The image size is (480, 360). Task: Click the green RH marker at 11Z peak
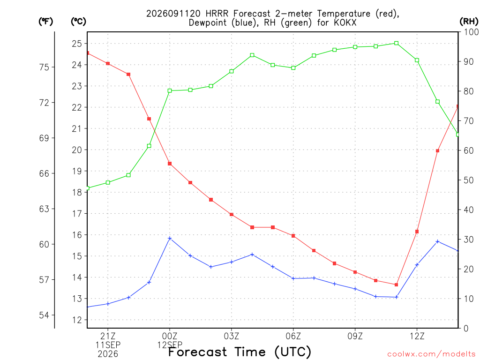[x=396, y=43]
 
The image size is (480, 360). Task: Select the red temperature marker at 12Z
[x=417, y=232]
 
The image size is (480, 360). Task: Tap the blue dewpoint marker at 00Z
[x=170, y=238]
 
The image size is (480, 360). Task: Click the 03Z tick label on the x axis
[x=232, y=336]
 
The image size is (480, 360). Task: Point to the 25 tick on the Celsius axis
[x=77, y=44]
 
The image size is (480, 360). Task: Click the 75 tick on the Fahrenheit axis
[x=44, y=67]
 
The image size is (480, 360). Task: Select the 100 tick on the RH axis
[x=471, y=32]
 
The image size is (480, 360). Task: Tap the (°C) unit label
[x=78, y=22]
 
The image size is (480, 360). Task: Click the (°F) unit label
[x=45, y=22]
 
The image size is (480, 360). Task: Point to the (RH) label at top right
[x=469, y=22]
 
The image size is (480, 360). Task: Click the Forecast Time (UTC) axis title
[x=240, y=352]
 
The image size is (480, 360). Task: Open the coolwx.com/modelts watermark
[x=431, y=354]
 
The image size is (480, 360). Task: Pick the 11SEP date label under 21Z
[x=108, y=345]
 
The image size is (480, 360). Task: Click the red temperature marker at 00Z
[x=170, y=164]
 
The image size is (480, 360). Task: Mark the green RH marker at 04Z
[x=252, y=55]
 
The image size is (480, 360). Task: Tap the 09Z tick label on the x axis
[x=355, y=336]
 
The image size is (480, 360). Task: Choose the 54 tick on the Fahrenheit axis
[x=44, y=315]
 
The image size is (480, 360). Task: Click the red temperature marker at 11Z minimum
[x=396, y=285]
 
